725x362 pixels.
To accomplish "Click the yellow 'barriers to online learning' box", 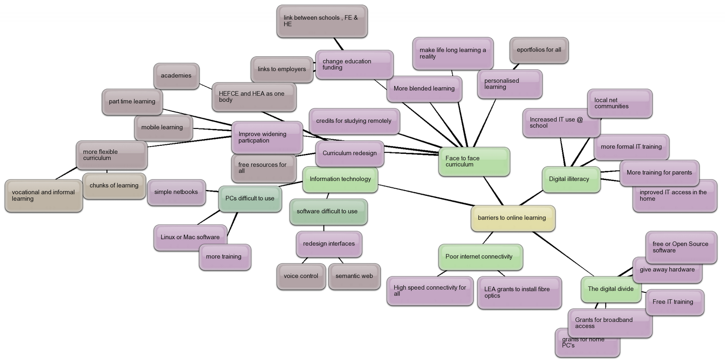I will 512,218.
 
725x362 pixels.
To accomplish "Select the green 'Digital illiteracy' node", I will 571,179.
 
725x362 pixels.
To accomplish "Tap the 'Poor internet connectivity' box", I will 480,257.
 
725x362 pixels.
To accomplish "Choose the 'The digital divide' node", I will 610,289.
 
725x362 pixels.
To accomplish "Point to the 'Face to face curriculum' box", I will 474,162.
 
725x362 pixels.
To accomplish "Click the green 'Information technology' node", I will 340,179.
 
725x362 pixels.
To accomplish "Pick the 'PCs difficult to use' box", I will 250,199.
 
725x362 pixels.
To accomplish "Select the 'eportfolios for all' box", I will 539,50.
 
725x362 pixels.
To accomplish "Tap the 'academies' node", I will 176,76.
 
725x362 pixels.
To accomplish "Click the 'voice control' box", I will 301,276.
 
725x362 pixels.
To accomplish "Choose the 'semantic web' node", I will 354,276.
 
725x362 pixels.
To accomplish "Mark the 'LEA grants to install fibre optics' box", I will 519,292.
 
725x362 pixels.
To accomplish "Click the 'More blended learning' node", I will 424,89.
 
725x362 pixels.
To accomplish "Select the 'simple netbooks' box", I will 176,192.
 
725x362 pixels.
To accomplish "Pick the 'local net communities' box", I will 620,103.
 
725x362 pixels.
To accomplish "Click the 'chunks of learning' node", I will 114,186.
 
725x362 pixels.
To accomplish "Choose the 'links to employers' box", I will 282,69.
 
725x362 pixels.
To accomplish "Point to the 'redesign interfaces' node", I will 329,244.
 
